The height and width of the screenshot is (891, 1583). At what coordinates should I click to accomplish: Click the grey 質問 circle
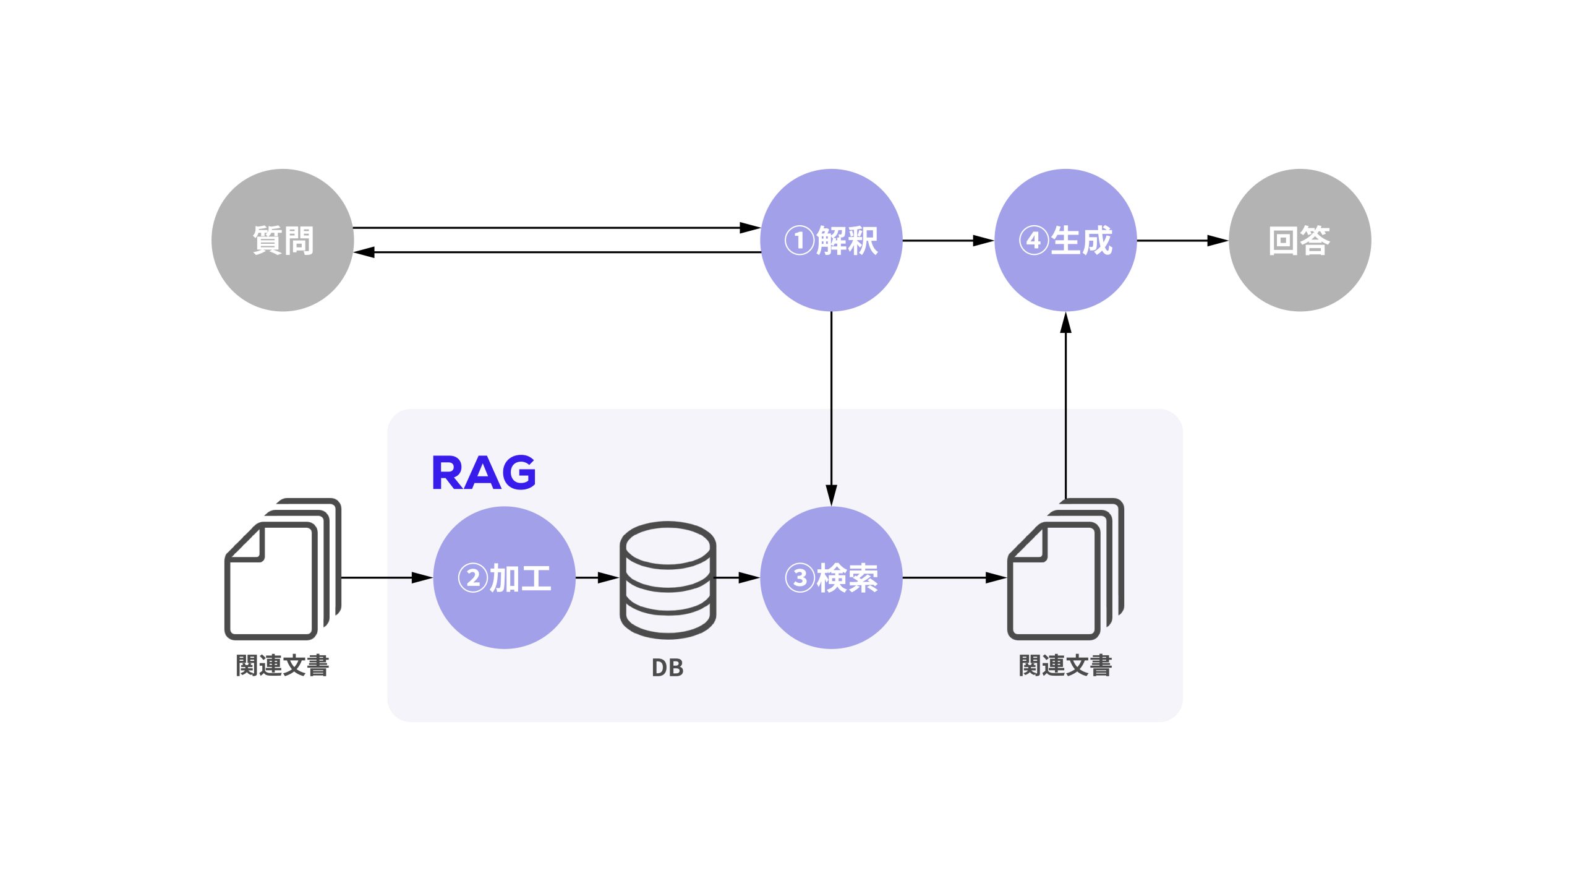(x=283, y=240)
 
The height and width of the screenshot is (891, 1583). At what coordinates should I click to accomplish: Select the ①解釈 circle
(x=831, y=240)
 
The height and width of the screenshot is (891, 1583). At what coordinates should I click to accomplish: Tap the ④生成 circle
(x=1065, y=240)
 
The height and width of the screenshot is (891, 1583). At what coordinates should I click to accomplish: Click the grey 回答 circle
(x=1300, y=240)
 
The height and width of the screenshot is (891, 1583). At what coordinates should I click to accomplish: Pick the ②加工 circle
(x=504, y=577)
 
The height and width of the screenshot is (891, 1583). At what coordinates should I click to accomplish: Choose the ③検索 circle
(x=831, y=577)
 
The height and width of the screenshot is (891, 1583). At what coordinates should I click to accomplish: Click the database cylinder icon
(x=668, y=579)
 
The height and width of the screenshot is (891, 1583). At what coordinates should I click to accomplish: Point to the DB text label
(x=668, y=668)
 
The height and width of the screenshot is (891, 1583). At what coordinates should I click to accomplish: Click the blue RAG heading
(x=484, y=473)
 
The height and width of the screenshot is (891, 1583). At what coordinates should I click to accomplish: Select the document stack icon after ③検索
(x=1065, y=569)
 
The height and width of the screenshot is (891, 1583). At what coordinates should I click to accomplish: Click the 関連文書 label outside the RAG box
(x=283, y=666)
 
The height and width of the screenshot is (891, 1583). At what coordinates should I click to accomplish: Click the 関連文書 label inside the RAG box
(x=1065, y=666)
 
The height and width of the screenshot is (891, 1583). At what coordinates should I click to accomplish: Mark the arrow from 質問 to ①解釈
(x=557, y=228)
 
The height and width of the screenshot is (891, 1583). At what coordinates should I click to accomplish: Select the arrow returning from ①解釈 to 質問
(x=557, y=252)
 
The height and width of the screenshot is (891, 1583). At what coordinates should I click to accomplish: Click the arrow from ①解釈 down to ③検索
(x=831, y=408)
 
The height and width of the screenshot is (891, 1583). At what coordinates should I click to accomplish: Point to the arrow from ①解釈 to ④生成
(x=948, y=240)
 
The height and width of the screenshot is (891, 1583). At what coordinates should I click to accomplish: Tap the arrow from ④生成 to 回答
(x=1182, y=240)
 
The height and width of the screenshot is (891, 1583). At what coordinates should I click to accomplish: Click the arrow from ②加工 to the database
(x=597, y=577)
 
